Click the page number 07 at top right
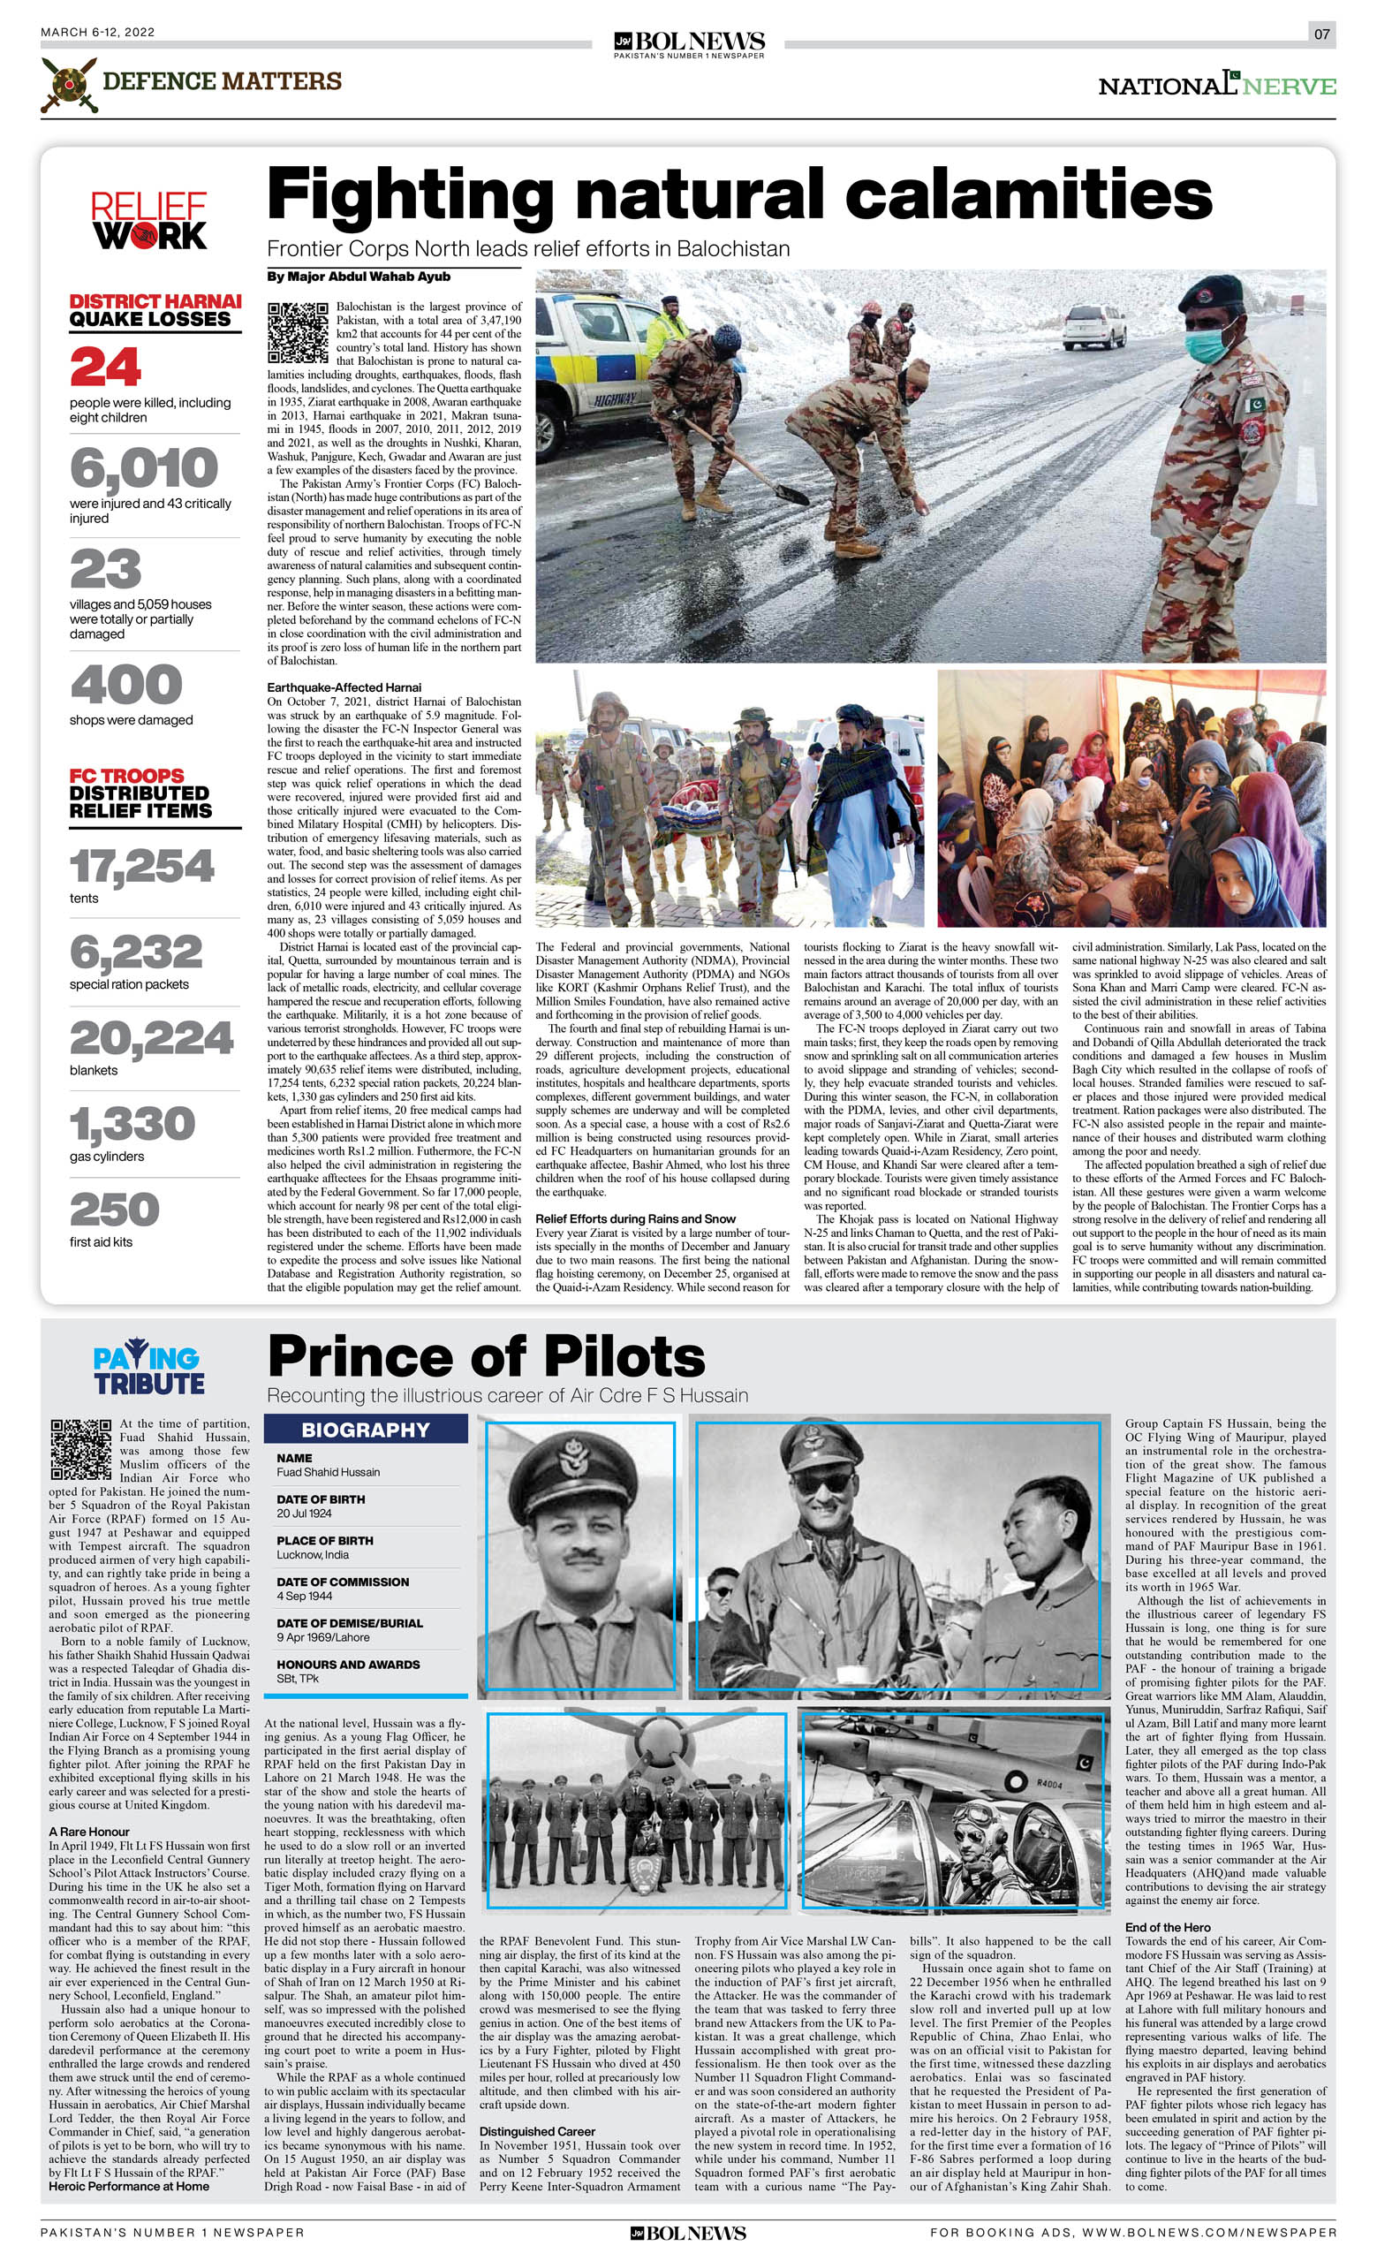[1321, 34]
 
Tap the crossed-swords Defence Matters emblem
[69, 85]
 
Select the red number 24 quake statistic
[105, 367]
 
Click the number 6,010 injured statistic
[144, 469]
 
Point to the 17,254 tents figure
[142, 867]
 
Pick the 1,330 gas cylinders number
[133, 1124]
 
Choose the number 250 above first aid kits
[115, 1210]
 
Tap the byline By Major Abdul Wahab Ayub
[359, 277]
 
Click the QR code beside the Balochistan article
[299, 332]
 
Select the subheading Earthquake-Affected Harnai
[344, 687]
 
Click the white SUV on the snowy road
[1093, 327]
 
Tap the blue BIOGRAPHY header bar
[365, 1430]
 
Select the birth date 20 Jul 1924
[305, 1514]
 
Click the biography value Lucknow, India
[312, 1554]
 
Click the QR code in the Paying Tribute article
[80, 1450]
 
